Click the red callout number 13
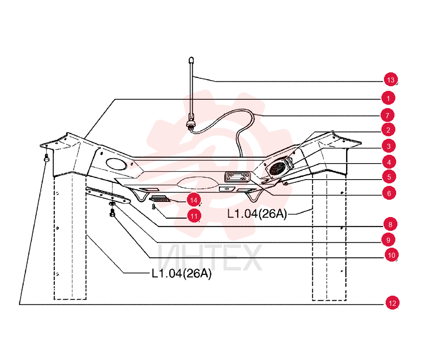[391, 79]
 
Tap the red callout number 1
[388, 98]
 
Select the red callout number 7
[387, 115]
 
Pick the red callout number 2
[388, 130]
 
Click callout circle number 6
[389, 193]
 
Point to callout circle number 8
[390, 224]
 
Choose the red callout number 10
[392, 255]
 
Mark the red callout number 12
[392, 303]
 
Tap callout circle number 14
[194, 200]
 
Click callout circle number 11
[194, 216]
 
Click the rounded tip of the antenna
[191, 59]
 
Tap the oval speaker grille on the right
[277, 169]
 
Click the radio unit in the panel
[237, 177]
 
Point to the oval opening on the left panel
[116, 164]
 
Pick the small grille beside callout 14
[160, 199]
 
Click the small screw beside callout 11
[154, 206]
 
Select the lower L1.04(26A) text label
[182, 273]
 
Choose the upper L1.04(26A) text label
[257, 214]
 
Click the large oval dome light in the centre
[197, 183]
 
